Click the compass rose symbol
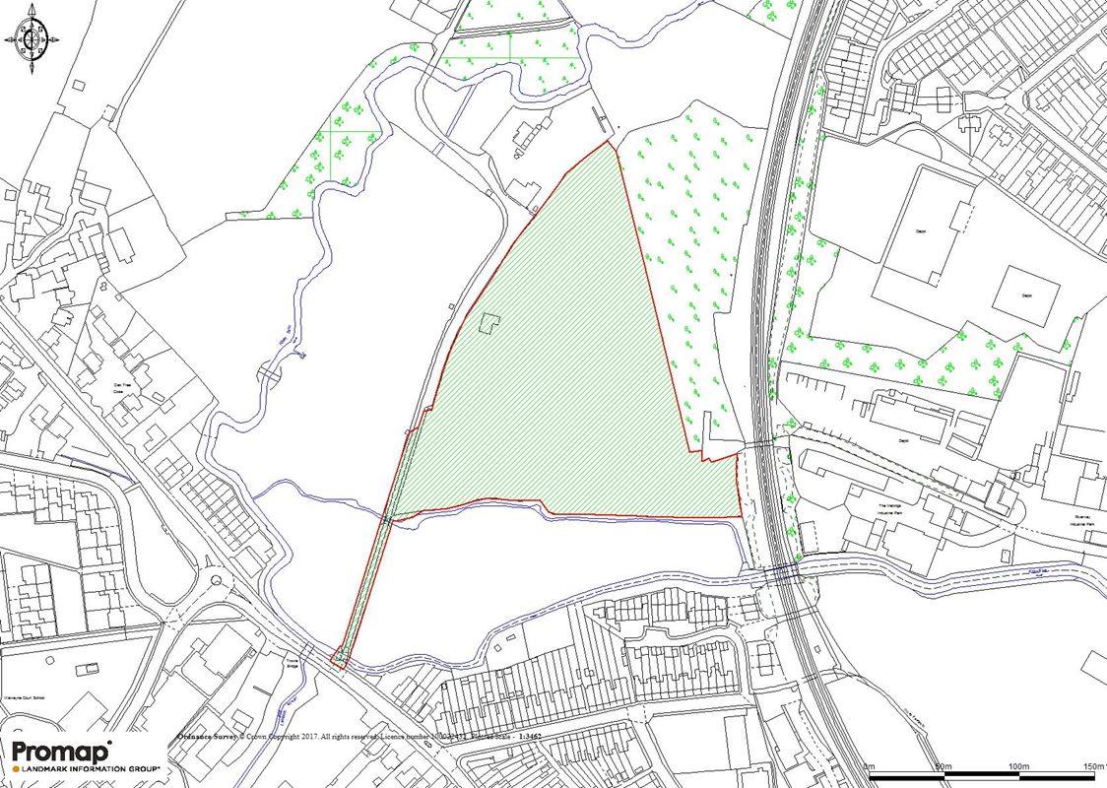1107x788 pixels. (28, 38)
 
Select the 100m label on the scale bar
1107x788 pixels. (1017, 766)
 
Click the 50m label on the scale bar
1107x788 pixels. (944, 766)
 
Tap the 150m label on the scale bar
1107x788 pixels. (1092, 766)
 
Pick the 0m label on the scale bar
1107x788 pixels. (870, 766)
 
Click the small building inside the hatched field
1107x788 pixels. (488, 323)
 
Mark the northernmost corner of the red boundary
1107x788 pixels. (608, 142)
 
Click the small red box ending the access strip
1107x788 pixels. (340, 657)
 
